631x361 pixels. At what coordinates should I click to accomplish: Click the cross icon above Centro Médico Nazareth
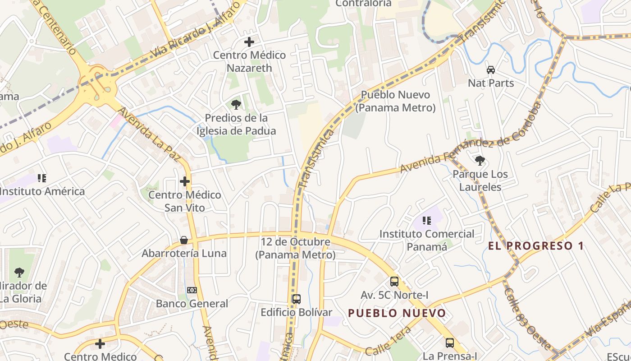click(x=249, y=42)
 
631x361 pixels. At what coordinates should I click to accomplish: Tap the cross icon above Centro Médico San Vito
click(x=185, y=181)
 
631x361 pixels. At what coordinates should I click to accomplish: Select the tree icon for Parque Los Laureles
click(x=480, y=160)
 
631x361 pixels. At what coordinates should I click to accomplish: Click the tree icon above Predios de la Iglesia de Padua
click(x=236, y=105)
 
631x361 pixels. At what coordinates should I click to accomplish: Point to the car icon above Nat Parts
click(x=491, y=70)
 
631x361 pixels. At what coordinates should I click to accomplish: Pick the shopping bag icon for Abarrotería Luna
click(x=184, y=240)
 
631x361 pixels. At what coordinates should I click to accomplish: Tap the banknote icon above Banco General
click(x=192, y=290)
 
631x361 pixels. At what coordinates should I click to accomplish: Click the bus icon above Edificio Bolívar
click(x=297, y=299)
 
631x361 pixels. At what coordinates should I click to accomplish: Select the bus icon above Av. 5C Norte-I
click(x=394, y=282)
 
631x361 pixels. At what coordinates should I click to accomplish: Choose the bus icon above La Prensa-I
click(x=450, y=342)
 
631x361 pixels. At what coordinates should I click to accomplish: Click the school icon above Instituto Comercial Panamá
click(x=427, y=221)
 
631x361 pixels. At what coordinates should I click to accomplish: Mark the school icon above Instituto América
click(x=42, y=178)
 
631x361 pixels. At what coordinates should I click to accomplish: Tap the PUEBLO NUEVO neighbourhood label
click(x=397, y=313)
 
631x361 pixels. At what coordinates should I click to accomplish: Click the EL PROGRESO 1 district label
click(x=536, y=246)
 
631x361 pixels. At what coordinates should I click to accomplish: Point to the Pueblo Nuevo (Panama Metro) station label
click(x=395, y=102)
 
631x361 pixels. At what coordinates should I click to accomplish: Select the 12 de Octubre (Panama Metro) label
click(x=296, y=248)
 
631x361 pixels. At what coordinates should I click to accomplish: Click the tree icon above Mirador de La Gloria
click(x=19, y=272)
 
